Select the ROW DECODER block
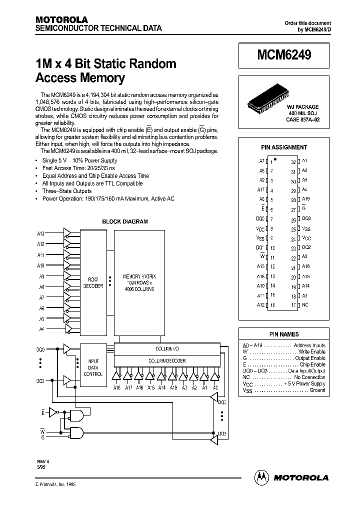[x=95, y=282]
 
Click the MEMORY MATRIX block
[x=139, y=282]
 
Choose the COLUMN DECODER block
[x=167, y=360]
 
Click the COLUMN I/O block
[x=167, y=348]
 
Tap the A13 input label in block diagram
[x=41, y=233]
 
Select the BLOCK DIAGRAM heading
[x=125, y=221]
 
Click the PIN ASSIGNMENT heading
[x=284, y=147]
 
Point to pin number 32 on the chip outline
[x=293, y=161]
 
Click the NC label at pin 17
[x=305, y=304]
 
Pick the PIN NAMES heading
[x=284, y=334]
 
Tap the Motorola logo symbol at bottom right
[x=261, y=477]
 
